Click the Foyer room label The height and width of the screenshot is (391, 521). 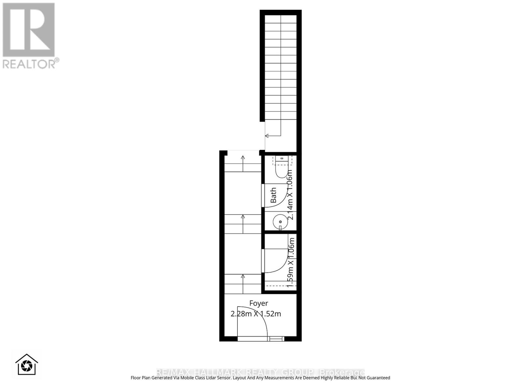259,303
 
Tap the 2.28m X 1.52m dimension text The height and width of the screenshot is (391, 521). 256,314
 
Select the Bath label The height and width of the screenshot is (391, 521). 274,195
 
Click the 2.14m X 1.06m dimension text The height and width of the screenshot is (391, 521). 289,195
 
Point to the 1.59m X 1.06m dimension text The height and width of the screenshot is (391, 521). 290,262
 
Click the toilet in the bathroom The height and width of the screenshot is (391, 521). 280,168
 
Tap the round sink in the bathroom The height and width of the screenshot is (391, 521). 280,222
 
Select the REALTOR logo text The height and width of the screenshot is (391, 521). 31,64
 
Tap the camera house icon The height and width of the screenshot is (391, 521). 27,365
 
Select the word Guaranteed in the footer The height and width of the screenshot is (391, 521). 378,378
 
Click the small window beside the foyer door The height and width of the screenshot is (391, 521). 276,339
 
